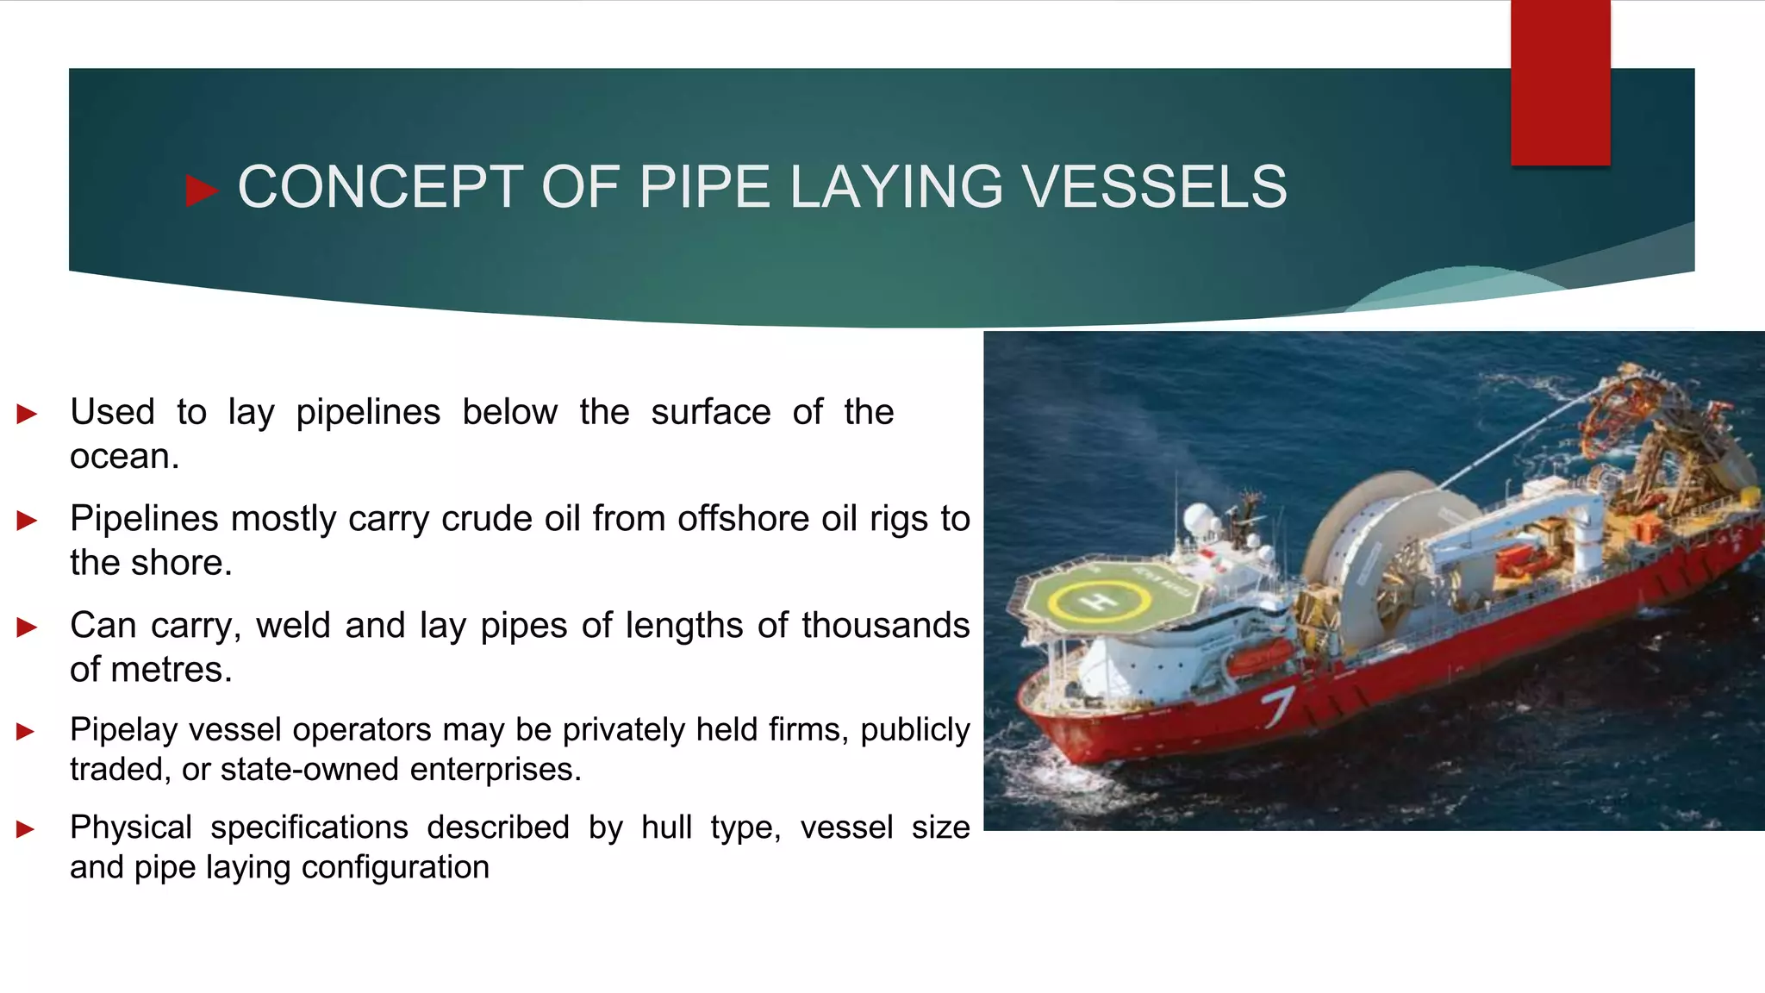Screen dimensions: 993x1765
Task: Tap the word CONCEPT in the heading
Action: point(380,187)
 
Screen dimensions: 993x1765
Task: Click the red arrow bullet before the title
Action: point(201,190)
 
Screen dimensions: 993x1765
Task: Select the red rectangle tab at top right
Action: point(1560,82)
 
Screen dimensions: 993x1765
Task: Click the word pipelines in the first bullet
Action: point(368,412)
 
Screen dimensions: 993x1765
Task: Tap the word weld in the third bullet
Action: point(293,625)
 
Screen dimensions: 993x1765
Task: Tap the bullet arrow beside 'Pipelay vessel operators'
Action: point(26,732)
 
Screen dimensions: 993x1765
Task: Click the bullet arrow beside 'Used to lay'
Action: point(27,414)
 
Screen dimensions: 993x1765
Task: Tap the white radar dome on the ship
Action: point(1198,520)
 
